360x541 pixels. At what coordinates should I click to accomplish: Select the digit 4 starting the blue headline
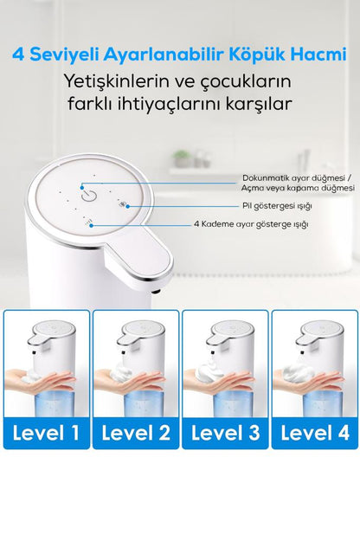pos(18,55)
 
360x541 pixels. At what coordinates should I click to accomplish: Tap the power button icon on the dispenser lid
pos(88,196)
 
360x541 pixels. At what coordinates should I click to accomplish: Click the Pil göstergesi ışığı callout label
pos(277,206)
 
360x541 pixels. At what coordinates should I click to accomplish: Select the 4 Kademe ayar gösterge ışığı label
pos(251,224)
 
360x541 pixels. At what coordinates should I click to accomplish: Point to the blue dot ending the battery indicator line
pos(127,206)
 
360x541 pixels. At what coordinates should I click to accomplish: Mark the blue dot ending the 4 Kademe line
pos(91,225)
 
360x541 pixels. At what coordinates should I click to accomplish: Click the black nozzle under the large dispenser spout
pos(156,292)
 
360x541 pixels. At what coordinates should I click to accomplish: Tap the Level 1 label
pos(46,433)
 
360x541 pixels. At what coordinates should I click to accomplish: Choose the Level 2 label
pos(136,433)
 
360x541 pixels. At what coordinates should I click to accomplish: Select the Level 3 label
pos(225,433)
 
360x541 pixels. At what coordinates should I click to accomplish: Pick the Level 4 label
pos(315,433)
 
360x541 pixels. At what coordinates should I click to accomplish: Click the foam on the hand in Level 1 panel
pos(30,377)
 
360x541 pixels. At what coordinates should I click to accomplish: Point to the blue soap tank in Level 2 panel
pos(144,404)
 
